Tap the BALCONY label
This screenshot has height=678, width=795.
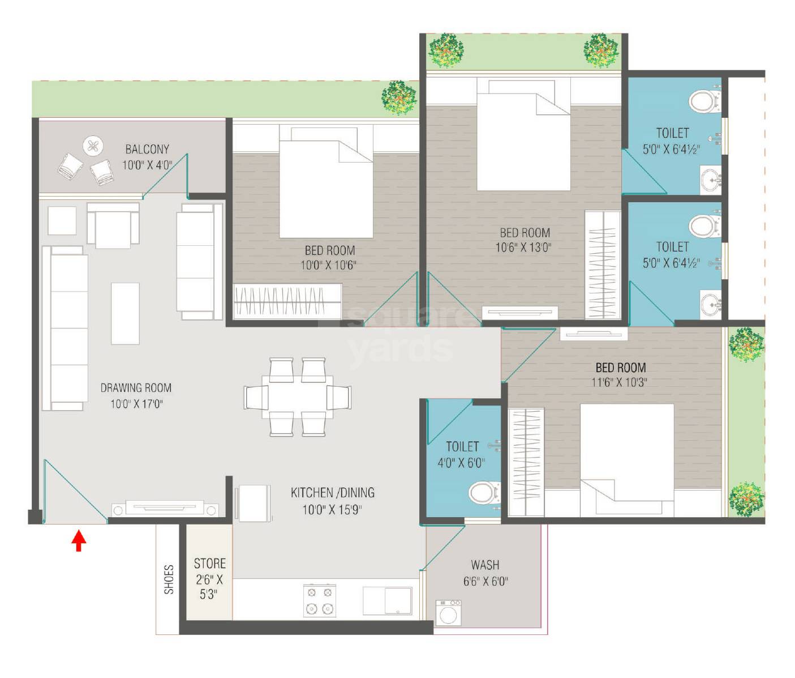[147, 150]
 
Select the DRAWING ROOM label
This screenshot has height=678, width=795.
[136, 388]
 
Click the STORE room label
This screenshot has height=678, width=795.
[209, 564]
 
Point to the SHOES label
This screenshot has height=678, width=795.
[169, 579]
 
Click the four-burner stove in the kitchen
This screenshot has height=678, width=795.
[320, 600]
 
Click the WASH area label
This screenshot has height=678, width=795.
[485, 565]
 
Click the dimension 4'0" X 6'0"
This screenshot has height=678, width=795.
[461, 463]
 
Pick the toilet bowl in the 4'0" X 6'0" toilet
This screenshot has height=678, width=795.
[484, 492]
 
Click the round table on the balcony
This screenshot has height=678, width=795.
[93, 147]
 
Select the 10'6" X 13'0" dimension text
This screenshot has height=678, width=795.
[523, 248]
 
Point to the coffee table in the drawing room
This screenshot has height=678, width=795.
[125, 313]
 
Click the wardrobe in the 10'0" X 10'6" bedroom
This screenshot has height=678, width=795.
[287, 300]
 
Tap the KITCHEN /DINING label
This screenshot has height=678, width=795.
[332, 493]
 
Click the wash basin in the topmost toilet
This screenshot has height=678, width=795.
[711, 180]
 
